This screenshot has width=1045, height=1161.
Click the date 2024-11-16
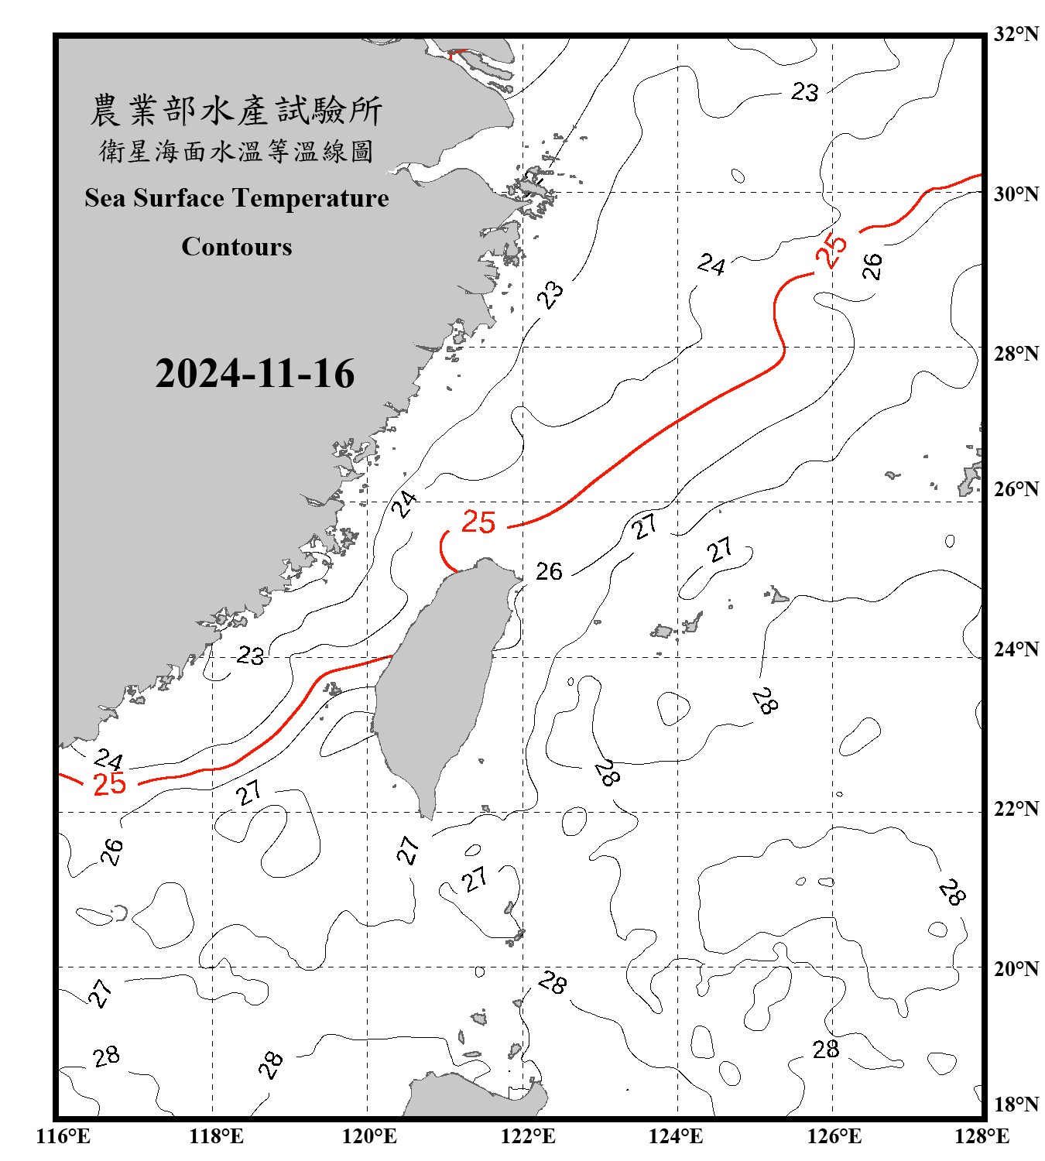255,374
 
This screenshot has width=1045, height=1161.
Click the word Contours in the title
237,247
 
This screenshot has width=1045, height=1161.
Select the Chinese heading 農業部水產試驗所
236,111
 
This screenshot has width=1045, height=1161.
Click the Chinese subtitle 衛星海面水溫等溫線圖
236,151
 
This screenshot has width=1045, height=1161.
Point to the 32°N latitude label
1016,34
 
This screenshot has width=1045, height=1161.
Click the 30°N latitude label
1016,193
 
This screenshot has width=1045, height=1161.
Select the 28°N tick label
1016,354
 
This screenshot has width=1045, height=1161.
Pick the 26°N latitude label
1016,489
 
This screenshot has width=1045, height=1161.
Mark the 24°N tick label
1016,649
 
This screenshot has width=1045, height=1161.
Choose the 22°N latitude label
1016,809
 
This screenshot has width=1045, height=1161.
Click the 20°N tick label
1016,968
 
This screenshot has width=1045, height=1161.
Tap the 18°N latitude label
1016,1104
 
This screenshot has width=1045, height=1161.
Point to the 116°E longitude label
63,1136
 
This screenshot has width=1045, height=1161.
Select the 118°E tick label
216,1136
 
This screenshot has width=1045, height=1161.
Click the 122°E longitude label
528,1136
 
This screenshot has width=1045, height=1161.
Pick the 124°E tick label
676,1136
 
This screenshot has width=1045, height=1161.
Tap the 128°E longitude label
982,1136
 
